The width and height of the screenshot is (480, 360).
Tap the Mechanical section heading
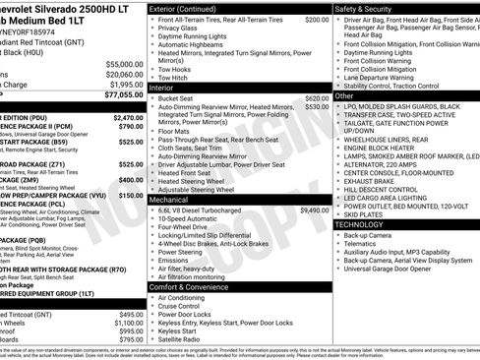click(x=170, y=199)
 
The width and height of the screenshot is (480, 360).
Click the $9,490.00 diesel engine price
click(x=315, y=210)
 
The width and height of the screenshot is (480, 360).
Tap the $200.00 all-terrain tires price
click(x=317, y=19)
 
